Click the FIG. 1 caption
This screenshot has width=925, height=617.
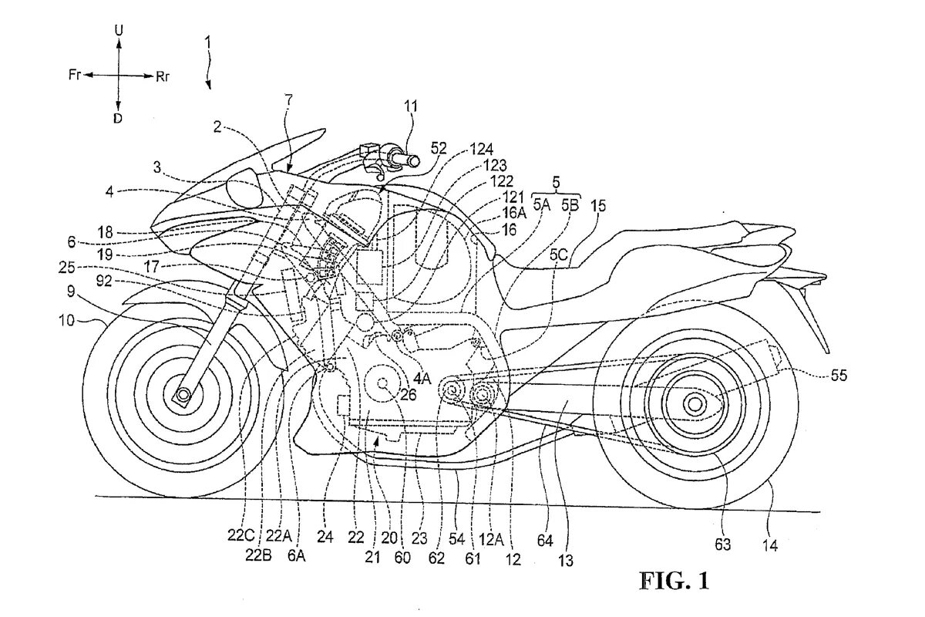click(673, 580)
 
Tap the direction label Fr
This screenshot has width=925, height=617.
click(75, 76)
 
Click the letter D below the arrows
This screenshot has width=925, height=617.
click(118, 118)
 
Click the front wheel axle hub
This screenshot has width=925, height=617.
click(183, 397)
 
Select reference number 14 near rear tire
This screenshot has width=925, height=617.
click(771, 545)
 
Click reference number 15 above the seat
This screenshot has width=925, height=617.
click(598, 206)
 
